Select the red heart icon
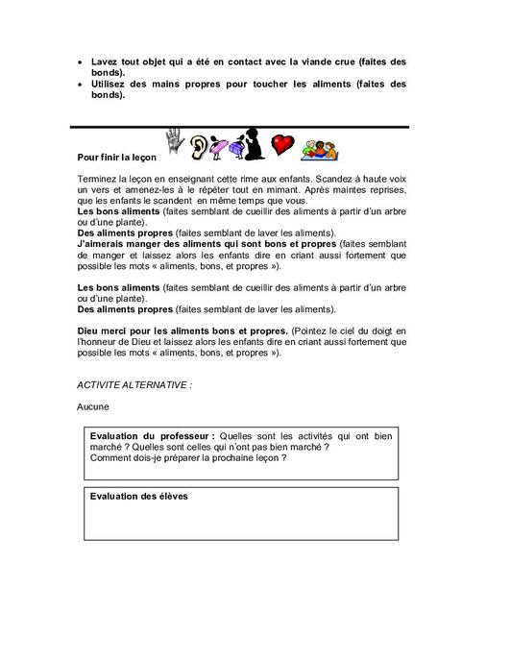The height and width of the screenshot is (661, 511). tap(280, 145)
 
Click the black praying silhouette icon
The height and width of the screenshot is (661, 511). tap(252, 143)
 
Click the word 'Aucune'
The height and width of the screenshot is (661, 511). tap(92, 406)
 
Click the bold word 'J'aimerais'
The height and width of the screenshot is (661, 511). tap(100, 244)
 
